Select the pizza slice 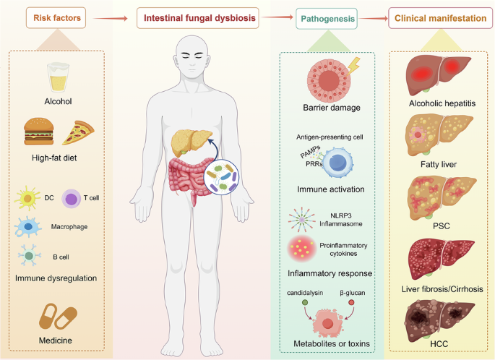[79, 132]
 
